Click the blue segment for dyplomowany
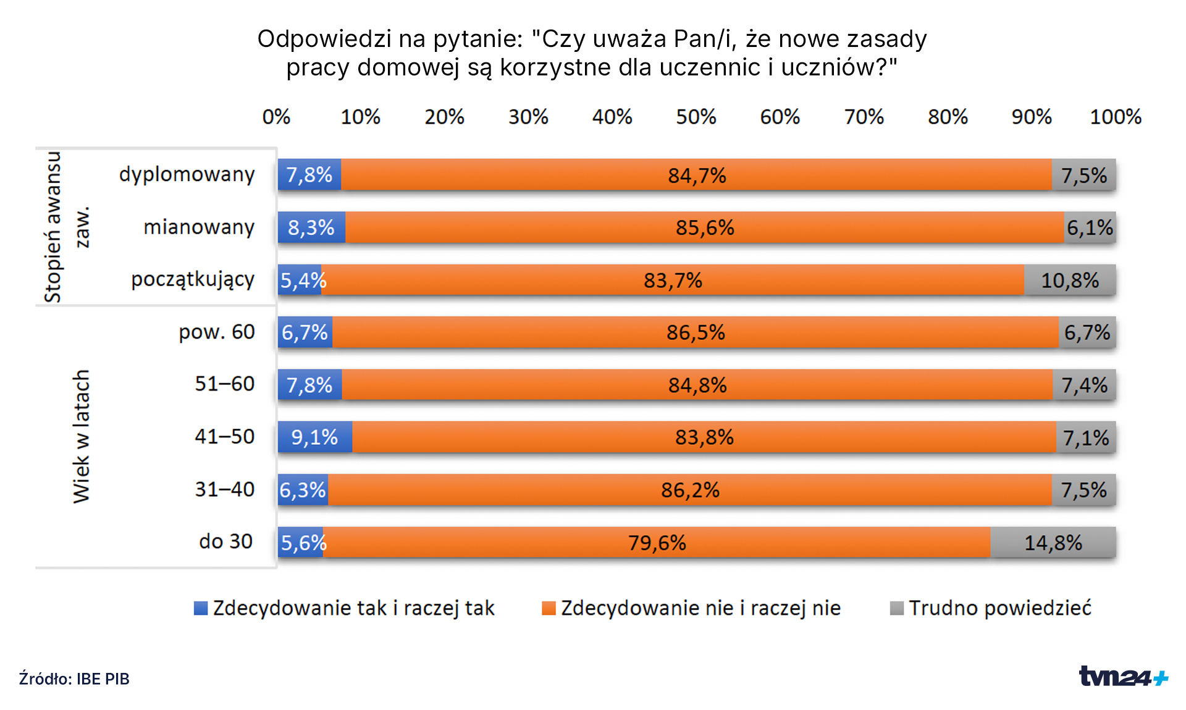pos(309,175)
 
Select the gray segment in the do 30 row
pos(1053,543)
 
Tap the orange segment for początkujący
pos(672,280)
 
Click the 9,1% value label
pos(314,437)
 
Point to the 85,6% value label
pos(704,227)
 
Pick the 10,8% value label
pos(1069,281)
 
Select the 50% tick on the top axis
pos(696,117)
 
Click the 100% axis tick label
pos(1115,117)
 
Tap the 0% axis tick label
pos(276,117)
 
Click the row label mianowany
pos(199,227)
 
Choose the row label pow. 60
pos(216,332)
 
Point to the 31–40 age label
pos(224,489)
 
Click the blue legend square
pos(201,608)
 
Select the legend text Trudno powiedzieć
pos(999,608)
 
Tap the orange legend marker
pos(549,608)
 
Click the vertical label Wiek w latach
pos(82,436)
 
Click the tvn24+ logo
pos(1122,676)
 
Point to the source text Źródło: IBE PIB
pos(74,678)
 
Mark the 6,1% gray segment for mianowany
pos(1090,227)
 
